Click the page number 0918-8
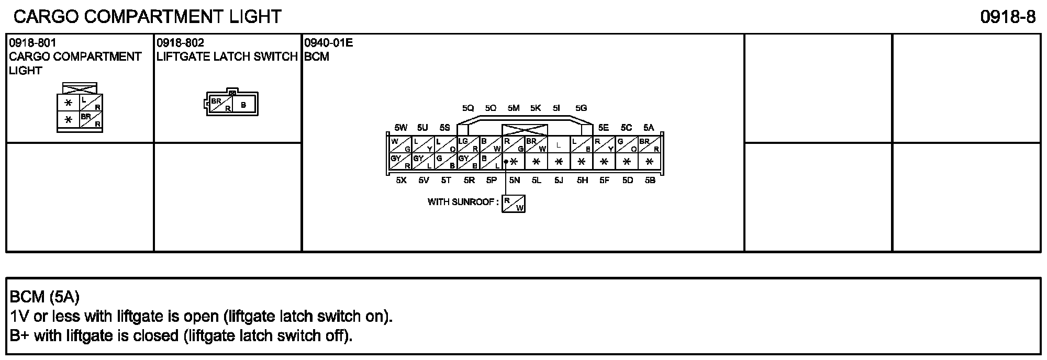(1008, 17)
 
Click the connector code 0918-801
(32, 43)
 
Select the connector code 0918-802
(180, 43)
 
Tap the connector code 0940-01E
(329, 43)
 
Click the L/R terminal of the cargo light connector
(91, 103)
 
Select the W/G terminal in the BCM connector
(400, 145)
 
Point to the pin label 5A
(649, 128)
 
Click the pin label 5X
(401, 181)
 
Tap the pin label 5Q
(468, 108)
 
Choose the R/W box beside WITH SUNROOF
(513, 204)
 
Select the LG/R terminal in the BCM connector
(469, 145)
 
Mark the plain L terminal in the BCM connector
(559, 145)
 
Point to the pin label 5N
(514, 181)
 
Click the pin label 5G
(581, 108)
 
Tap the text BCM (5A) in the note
(44, 297)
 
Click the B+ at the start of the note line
(20, 335)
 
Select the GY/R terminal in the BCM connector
(400, 162)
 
